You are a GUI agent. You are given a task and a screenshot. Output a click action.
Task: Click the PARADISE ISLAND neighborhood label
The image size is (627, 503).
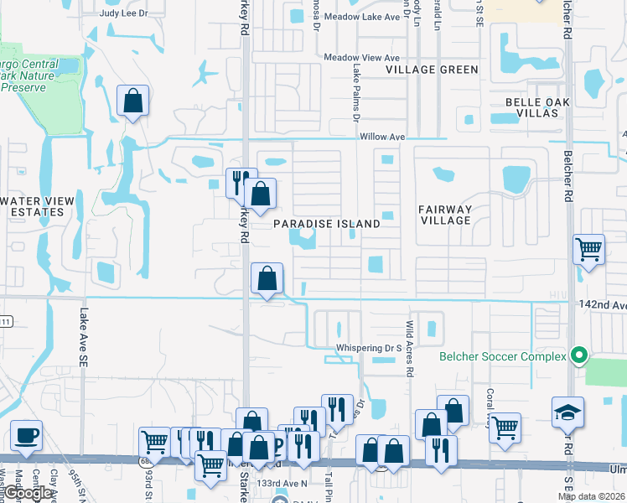click(x=327, y=224)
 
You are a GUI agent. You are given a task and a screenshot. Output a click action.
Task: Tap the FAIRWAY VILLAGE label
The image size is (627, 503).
click(x=446, y=215)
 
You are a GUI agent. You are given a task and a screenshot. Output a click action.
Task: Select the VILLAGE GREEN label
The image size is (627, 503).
click(x=432, y=70)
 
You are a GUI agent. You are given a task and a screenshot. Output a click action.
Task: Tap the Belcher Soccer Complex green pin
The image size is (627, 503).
click(x=577, y=355)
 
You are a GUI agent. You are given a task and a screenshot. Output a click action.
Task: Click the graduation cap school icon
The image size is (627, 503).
click(x=567, y=413)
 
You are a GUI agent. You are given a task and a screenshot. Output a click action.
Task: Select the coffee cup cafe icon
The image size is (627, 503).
click(x=26, y=436)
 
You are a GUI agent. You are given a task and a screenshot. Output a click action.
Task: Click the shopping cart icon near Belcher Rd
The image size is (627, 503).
click(x=588, y=249)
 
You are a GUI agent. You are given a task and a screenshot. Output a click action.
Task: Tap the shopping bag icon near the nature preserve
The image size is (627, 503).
click(x=133, y=101)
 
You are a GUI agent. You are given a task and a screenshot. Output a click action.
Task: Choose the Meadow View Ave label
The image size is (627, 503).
click(x=362, y=57)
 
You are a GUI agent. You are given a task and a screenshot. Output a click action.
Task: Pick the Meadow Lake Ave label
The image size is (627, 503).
click(x=360, y=16)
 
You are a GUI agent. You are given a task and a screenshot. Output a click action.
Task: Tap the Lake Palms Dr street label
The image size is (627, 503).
click(x=355, y=92)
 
